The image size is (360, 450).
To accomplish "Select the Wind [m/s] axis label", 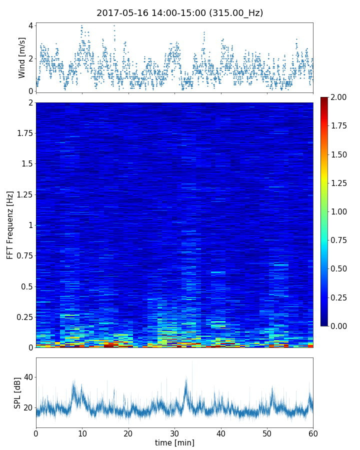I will [x=22, y=57].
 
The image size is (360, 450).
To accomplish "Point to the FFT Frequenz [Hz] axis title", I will [x=10, y=224].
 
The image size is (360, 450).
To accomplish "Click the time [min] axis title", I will [x=174, y=442].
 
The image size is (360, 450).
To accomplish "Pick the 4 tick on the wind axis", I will [x=30, y=25].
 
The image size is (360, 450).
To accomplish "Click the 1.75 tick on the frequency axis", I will [x=23, y=133].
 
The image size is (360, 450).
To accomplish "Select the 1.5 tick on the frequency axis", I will [x=25, y=164].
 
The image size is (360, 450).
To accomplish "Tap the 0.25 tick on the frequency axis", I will [x=23, y=317].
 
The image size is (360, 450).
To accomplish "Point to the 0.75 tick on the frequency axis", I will [x=23, y=256].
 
